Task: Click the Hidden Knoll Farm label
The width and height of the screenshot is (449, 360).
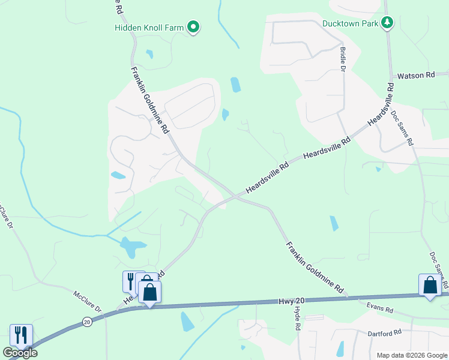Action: [x=149, y=27]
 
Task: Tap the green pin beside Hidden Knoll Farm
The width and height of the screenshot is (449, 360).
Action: [x=193, y=27]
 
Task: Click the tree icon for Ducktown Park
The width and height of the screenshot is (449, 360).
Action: [x=388, y=23]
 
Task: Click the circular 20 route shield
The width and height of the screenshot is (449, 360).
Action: [x=87, y=322]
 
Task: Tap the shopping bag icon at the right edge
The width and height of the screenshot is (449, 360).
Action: [x=430, y=285]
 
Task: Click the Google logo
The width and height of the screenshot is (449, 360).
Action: [x=20, y=353]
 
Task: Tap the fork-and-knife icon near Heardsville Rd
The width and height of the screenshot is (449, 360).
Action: [x=130, y=281]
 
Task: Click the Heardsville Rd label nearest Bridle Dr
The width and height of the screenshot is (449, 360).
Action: [x=327, y=148]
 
